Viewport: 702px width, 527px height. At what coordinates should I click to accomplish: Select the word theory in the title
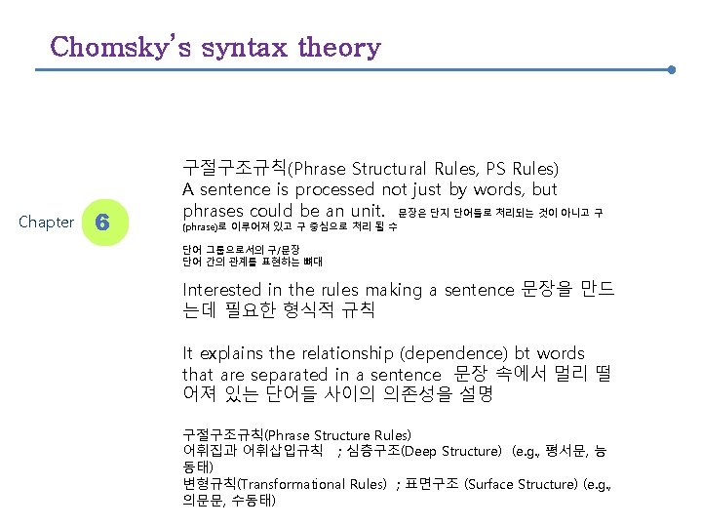pyautogui.click(x=341, y=47)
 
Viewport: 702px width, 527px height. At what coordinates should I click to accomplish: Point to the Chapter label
pyautogui.click(x=47, y=223)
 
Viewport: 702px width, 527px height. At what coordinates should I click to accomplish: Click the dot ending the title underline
pyautogui.click(x=673, y=70)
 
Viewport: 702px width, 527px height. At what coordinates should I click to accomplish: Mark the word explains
pyautogui.click(x=236, y=353)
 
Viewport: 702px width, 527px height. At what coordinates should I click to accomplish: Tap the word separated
pyautogui.click(x=289, y=375)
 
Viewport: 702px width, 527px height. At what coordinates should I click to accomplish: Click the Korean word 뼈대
pyautogui.click(x=313, y=262)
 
